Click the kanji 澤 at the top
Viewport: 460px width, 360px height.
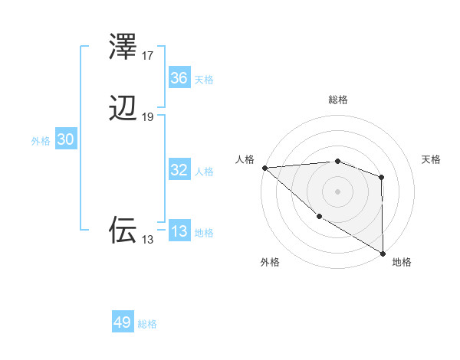[123, 47]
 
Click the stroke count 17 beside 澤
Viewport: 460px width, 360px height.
[148, 56]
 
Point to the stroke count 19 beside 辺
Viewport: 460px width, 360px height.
[148, 117]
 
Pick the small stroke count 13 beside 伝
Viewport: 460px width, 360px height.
[148, 240]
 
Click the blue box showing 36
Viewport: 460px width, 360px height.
[179, 78]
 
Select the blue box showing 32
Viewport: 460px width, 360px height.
[179, 170]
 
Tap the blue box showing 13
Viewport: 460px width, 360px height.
[179, 231]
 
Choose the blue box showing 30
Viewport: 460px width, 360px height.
[65, 139]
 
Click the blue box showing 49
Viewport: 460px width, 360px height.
[123, 322]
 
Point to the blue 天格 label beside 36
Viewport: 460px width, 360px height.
[204, 79]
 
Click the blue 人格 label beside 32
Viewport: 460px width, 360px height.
[204, 171]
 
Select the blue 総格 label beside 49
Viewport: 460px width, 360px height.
[147, 323]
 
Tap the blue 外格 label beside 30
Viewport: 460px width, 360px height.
[41, 140]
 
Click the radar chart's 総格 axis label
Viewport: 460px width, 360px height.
[338, 100]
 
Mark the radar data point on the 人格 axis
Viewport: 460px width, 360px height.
[264, 167]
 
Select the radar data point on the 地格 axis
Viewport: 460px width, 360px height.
[383, 253]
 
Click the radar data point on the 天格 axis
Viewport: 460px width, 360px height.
[382, 177]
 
